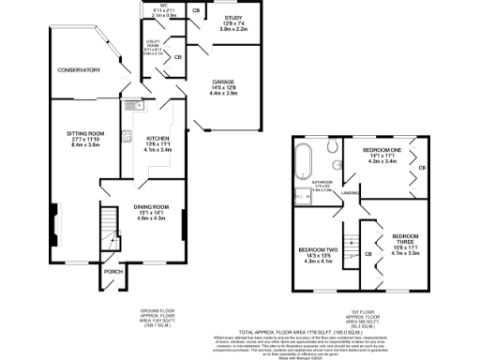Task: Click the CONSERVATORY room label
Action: point(78,70)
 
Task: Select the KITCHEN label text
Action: point(154,137)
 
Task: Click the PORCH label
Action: point(112,272)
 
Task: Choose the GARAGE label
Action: point(223,82)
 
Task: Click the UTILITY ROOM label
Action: point(156,44)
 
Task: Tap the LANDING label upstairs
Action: point(352,194)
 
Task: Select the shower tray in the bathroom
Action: point(302,196)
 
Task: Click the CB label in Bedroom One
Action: point(422,168)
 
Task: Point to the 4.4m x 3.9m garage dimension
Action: point(223,95)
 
